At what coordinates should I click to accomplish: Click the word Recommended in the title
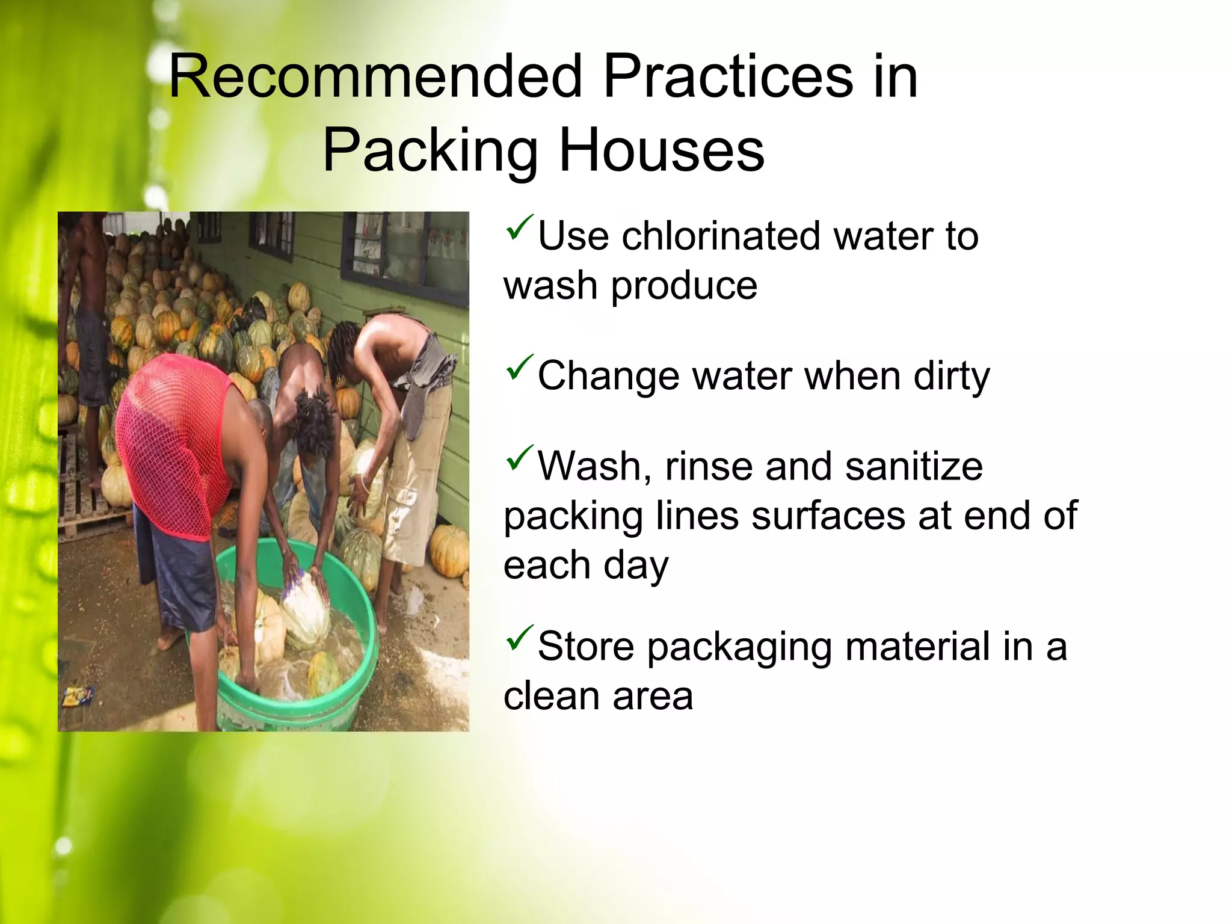pos(375,77)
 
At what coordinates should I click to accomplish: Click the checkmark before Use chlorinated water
pos(519,227)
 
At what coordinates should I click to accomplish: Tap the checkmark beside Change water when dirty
pos(519,368)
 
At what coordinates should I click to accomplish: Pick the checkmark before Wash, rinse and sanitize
pos(519,458)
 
